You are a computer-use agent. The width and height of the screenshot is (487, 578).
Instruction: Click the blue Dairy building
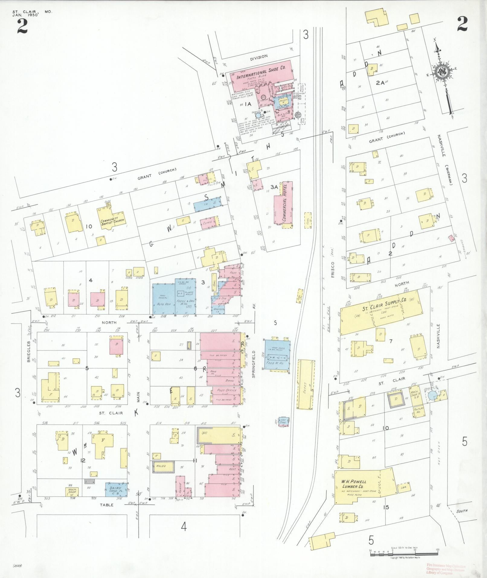point(116,489)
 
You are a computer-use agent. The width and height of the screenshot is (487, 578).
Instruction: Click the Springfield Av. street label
point(254,364)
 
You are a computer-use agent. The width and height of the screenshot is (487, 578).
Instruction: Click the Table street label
point(107,505)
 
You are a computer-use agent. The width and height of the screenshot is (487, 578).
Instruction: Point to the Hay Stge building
point(283,421)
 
